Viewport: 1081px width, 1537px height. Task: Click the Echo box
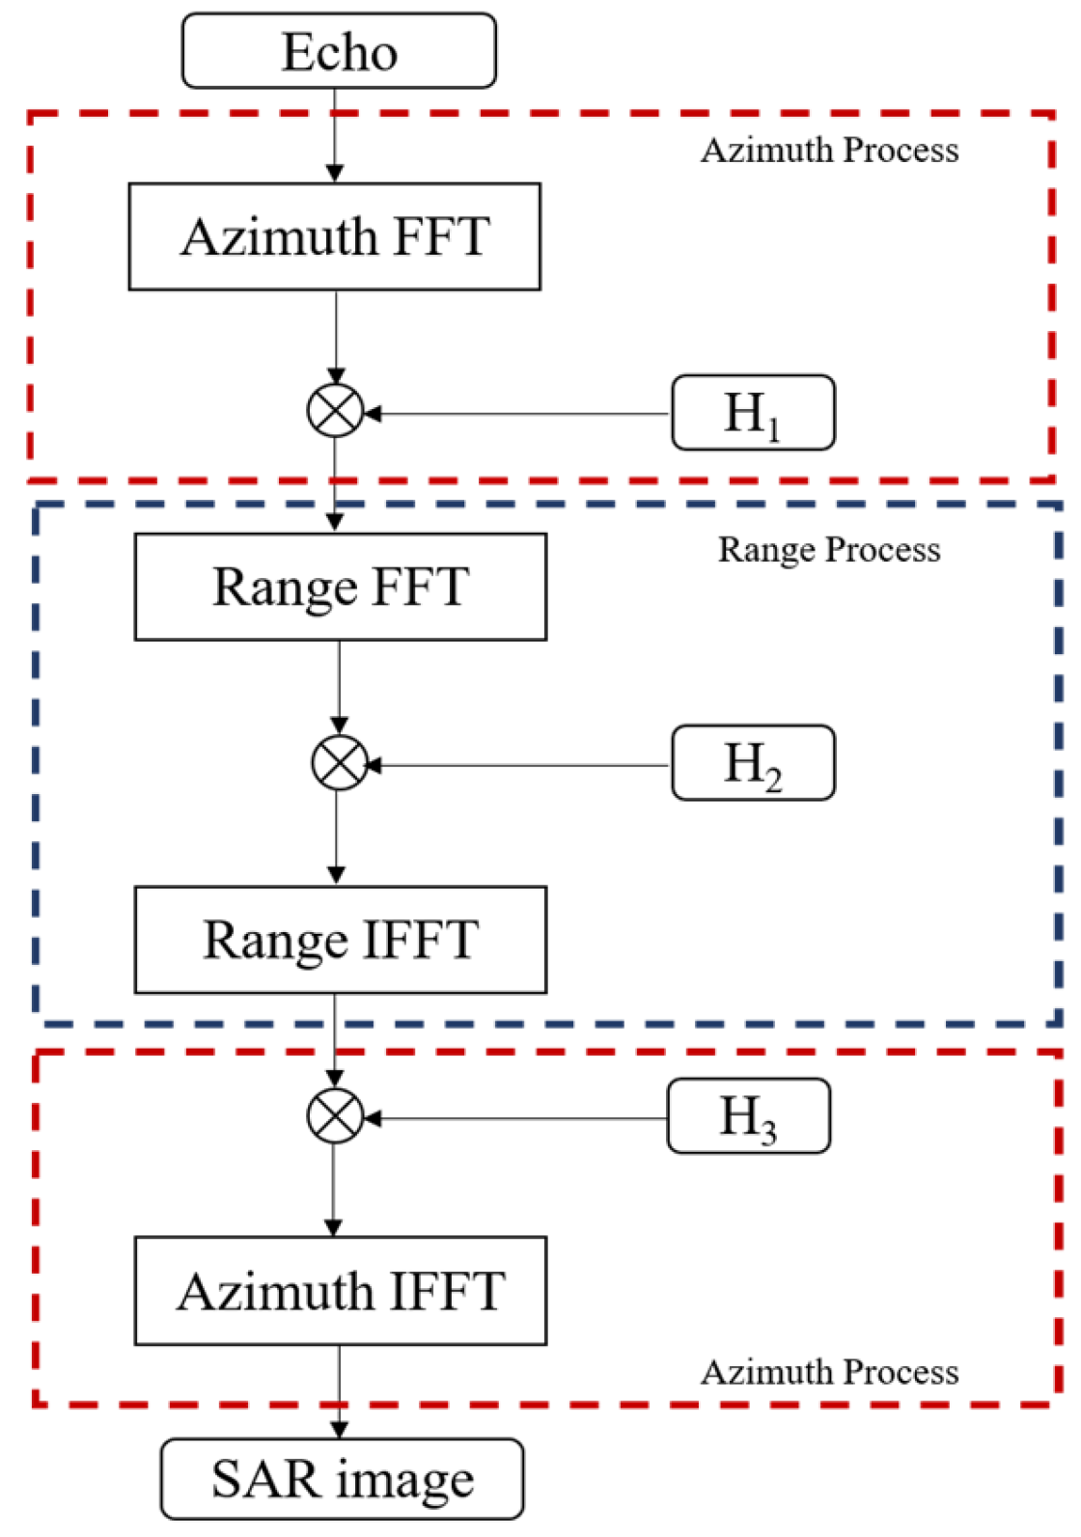[339, 51]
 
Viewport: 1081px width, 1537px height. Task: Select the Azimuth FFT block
[335, 236]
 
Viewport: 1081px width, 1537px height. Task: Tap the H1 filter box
[753, 413]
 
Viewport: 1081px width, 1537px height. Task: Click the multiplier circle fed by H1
[335, 412]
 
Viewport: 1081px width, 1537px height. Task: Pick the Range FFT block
[341, 587]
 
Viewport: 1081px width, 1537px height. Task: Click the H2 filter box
[753, 763]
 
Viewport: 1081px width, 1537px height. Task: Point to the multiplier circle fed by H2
[340, 763]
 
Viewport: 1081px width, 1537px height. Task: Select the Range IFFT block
[341, 940]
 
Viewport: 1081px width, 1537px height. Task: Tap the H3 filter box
[748, 1116]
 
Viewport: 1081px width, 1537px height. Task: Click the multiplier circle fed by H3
[335, 1116]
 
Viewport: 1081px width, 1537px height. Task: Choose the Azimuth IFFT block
[341, 1291]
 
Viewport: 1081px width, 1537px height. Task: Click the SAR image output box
[342, 1479]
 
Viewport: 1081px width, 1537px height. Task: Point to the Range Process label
[829, 550]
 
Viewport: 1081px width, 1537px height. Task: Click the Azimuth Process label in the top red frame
[829, 151]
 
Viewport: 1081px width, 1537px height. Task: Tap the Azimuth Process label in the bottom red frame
[829, 1372]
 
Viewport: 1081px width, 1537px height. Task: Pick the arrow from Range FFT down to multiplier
[339, 685]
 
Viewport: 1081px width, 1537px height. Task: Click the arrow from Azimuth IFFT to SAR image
[339, 1389]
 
